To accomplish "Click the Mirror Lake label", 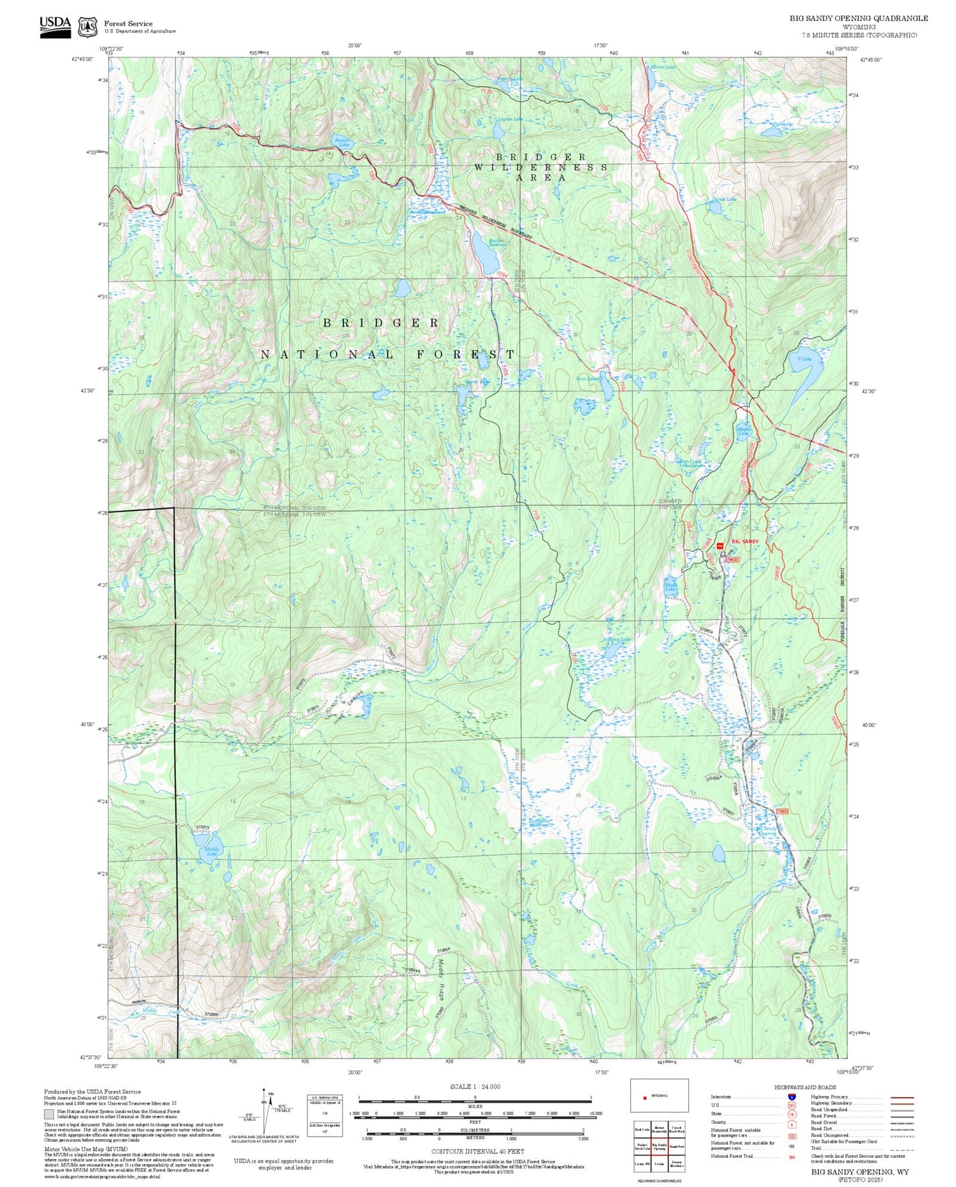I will [x=662, y=66].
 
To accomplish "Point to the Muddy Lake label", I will [x=212, y=851].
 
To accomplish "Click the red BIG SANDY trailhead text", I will [x=744, y=541].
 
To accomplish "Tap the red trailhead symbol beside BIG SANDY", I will [x=720, y=546].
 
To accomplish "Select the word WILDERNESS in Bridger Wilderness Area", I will [x=540, y=167].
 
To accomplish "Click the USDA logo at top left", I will [x=55, y=26].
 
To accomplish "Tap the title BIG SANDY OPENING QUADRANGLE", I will [x=858, y=18].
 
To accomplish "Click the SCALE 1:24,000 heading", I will [x=475, y=1086].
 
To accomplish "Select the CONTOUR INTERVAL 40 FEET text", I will [x=477, y=1151].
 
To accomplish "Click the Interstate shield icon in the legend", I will [x=791, y=1096].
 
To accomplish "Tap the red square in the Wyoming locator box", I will [x=645, y=1097].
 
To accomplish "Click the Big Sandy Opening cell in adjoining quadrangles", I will [x=659, y=1146].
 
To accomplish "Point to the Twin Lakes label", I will [x=588, y=379].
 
